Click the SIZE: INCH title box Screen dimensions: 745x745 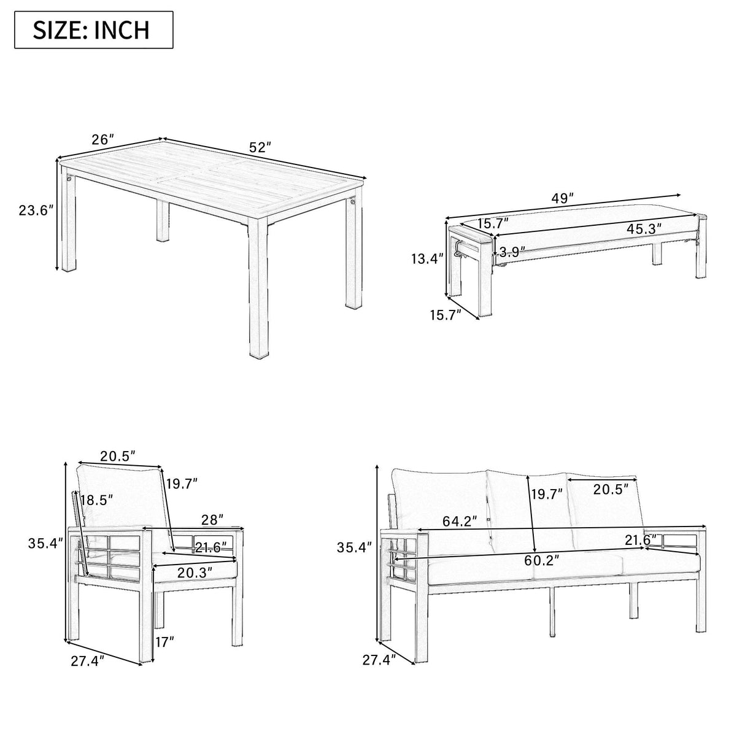(94, 29)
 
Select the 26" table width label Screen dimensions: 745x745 (103, 139)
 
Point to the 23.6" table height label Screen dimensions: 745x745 (36, 210)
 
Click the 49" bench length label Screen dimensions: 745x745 (562, 198)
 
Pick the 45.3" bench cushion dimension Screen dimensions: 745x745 (644, 229)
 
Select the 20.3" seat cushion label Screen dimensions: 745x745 (195, 572)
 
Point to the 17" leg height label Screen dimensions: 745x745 (164, 643)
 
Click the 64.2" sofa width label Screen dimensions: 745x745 (460, 522)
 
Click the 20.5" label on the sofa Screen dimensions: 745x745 (611, 489)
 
